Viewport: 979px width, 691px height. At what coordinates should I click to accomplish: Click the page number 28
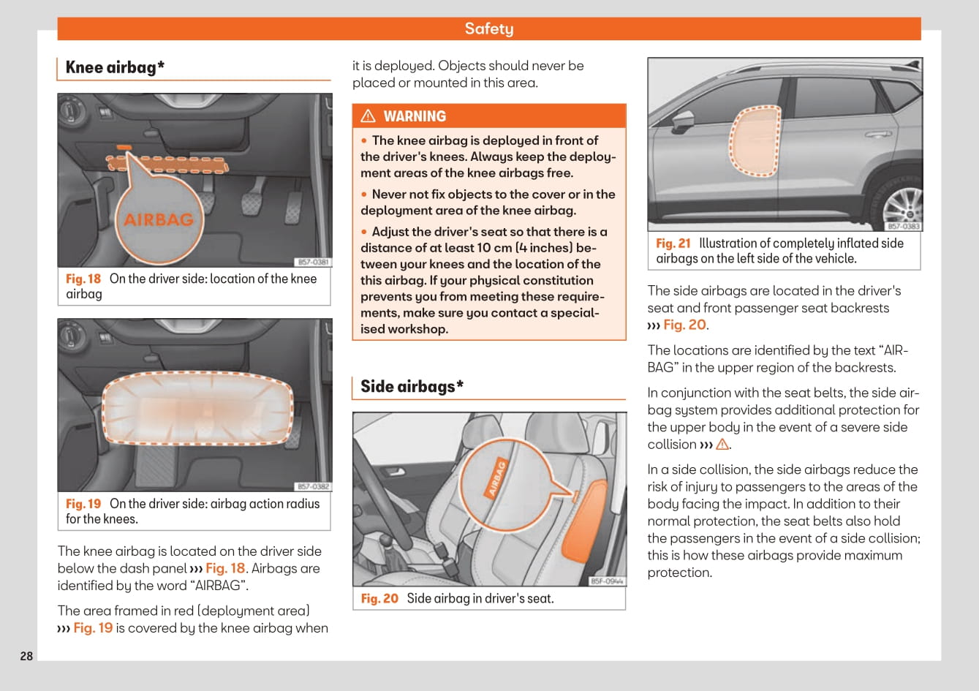(26, 656)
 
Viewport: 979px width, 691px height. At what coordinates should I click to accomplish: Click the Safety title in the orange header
(488, 29)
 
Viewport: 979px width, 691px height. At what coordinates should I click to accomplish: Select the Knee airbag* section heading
(115, 67)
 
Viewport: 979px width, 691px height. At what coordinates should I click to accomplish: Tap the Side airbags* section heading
(412, 386)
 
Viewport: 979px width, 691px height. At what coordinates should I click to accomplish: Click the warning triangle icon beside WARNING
(368, 116)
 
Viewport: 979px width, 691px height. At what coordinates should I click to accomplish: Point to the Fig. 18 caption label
(83, 279)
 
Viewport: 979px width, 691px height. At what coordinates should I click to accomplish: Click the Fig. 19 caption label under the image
(83, 504)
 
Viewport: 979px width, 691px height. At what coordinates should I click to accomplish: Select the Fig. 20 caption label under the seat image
(379, 599)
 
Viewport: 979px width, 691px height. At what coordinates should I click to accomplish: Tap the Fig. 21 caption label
(673, 243)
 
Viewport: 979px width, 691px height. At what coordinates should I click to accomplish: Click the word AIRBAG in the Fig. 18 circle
(158, 219)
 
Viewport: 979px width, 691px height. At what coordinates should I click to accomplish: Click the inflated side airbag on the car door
(755, 141)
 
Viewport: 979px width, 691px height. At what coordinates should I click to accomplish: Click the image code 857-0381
(313, 262)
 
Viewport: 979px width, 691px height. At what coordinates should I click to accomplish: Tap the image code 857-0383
(903, 227)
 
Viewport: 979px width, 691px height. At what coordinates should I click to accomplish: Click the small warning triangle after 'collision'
(722, 445)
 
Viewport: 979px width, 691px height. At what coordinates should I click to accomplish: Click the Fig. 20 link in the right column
(684, 325)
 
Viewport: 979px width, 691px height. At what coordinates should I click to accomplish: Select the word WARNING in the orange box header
(415, 116)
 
